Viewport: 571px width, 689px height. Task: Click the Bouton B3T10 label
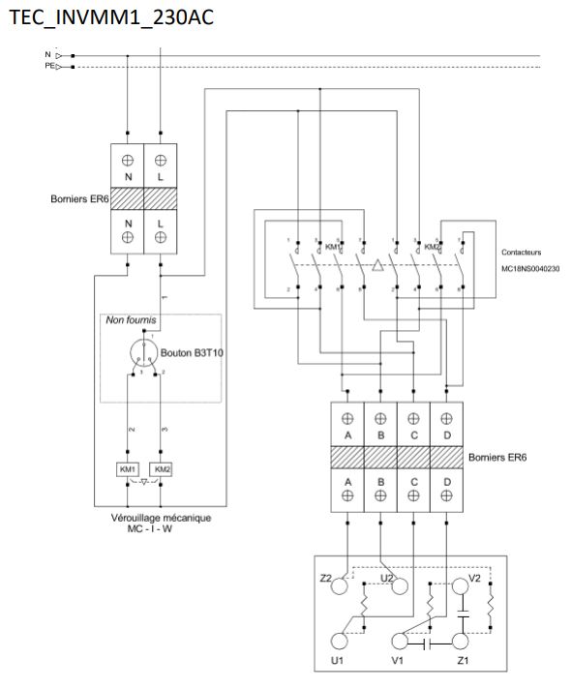199,353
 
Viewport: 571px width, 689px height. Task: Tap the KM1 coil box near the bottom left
128,468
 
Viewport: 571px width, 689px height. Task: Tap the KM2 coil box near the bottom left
162,468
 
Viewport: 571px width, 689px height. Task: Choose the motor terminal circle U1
339,640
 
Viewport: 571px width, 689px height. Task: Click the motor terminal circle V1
400,640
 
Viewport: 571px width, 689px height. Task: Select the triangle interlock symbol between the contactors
378,264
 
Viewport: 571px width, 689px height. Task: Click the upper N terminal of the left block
128,178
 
